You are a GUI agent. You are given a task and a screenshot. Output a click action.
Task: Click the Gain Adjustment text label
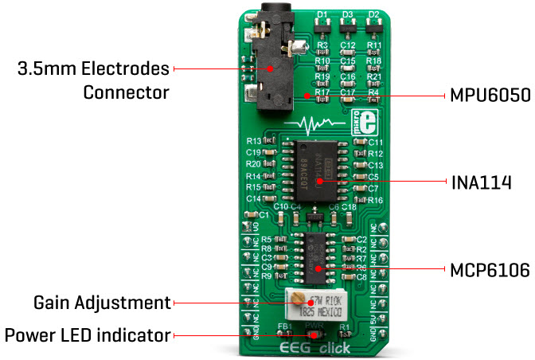(102, 303)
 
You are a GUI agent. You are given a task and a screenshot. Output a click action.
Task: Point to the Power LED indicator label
(88, 335)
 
